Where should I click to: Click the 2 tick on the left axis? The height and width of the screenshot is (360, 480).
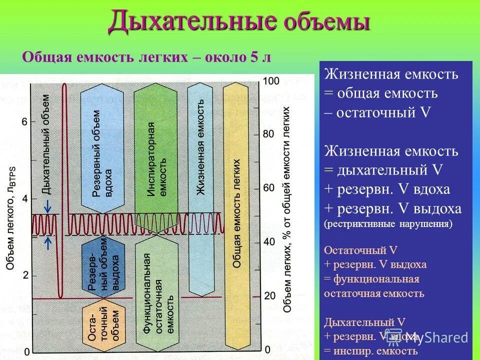tap(25, 275)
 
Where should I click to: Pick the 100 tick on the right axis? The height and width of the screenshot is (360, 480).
tap(270, 81)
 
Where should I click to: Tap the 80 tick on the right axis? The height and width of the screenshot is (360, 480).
tap(268, 134)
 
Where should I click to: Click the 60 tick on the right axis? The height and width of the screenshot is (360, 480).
tap(268, 188)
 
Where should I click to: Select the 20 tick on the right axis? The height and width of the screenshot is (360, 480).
tap(268, 296)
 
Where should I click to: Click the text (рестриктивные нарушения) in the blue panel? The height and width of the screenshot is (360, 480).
tap(388, 224)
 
